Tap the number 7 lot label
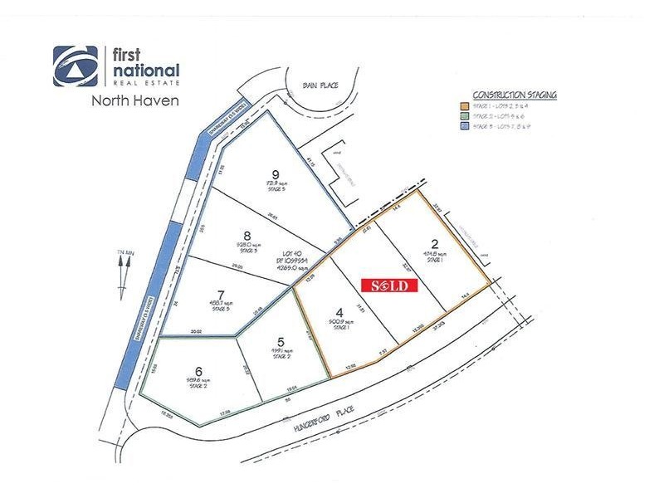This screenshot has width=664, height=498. click(x=221, y=294)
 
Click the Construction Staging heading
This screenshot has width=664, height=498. click(x=515, y=95)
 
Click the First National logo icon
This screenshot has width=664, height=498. click(x=76, y=66)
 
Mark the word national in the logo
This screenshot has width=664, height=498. click(x=145, y=70)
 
